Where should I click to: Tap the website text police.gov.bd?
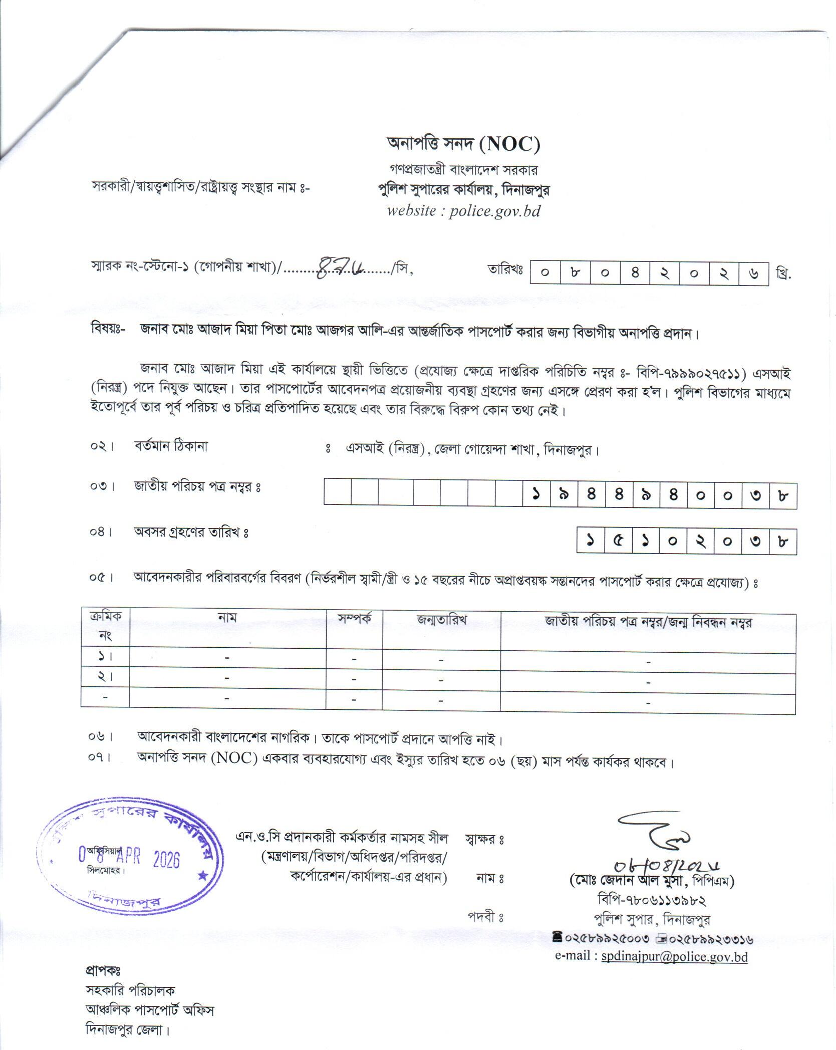[494, 211]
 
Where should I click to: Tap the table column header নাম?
[227, 617]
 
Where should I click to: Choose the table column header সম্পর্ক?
[354, 618]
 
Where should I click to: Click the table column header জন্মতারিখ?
[441, 619]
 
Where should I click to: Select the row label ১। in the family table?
[105, 656]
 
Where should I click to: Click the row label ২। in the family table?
[105, 676]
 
